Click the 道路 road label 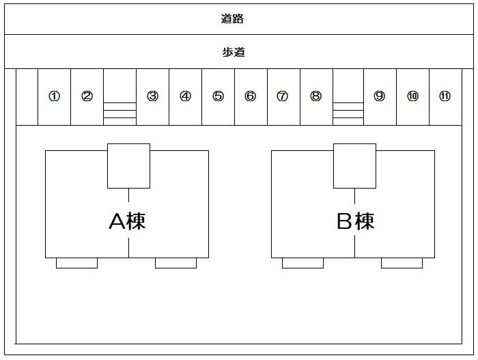click(232, 19)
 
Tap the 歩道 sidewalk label click(234, 52)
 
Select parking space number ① click(54, 96)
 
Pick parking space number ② click(87, 96)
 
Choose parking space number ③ click(152, 96)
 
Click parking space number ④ click(185, 96)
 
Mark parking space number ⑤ click(218, 96)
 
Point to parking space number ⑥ click(250, 96)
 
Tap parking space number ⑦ click(282, 96)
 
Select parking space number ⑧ click(315, 96)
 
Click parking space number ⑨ click(379, 96)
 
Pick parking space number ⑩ click(412, 96)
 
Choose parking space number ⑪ click(445, 96)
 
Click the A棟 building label click(128, 221)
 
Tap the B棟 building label click(355, 221)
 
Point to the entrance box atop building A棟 click(128, 165)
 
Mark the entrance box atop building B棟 click(354, 165)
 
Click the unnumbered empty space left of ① click(27, 96)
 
